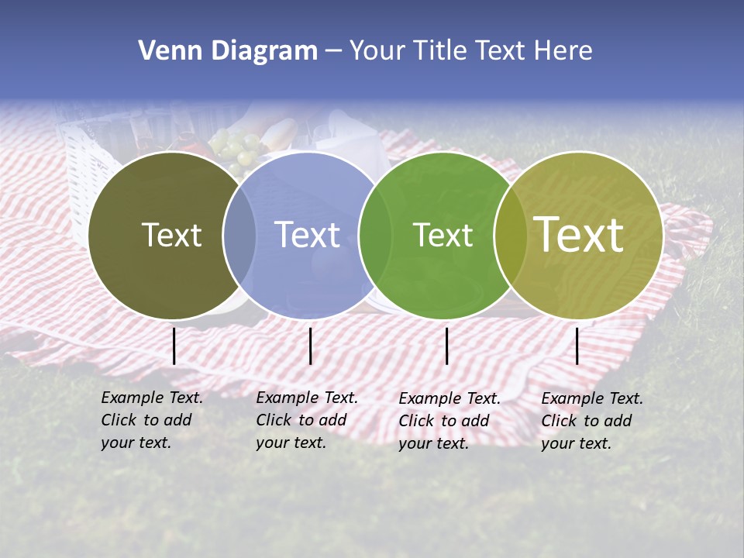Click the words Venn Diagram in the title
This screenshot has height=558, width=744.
(x=228, y=51)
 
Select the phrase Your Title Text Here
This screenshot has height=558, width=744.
(x=470, y=51)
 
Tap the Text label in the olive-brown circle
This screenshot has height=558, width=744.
(x=171, y=235)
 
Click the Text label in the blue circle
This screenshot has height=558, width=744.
(x=308, y=235)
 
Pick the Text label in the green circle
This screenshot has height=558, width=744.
(x=443, y=235)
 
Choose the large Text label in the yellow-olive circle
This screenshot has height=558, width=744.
(x=579, y=234)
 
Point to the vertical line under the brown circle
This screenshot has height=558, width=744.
(x=174, y=346)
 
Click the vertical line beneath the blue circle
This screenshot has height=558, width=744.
(x=310, y=346)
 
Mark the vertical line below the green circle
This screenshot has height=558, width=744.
(x=447, y=346)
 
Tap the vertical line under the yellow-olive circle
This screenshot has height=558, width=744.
(x=577, y=346)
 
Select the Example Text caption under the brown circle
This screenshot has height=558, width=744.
(x=152, y=420)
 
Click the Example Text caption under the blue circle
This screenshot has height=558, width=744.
(x=307, y=420)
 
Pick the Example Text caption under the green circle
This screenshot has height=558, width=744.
(x=449, y=421)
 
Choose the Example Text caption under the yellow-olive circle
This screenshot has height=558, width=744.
(x=592, y=421)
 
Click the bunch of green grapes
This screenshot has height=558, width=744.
(x=236, y=147)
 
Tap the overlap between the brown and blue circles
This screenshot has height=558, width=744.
(x=239, y=235)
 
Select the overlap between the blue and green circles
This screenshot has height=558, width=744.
(x=375, y=235)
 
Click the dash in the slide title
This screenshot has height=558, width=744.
(x=333, y=51)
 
